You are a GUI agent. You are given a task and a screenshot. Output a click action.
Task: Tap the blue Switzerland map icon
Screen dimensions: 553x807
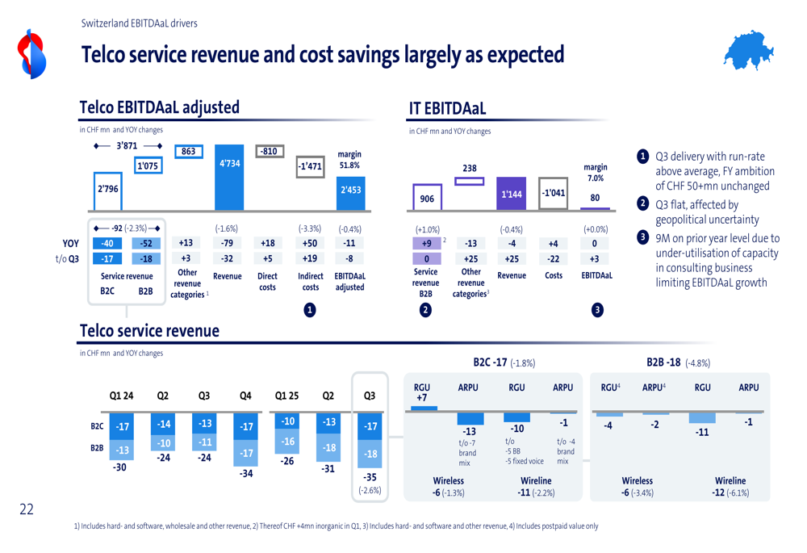748,53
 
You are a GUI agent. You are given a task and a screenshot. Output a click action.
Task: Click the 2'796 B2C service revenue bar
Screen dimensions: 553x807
108,189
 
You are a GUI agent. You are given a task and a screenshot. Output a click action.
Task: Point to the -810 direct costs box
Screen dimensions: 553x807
268,151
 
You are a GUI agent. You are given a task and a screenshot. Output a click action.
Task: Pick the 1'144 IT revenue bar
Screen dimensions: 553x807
511,194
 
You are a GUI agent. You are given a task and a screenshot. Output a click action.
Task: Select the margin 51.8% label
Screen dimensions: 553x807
349,160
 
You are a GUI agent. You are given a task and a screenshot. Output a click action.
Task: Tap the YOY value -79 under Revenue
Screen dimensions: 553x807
227,243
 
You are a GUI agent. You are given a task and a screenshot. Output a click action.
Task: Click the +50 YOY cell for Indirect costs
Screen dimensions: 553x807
310,243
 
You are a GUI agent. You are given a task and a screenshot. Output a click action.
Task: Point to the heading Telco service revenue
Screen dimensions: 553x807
149,331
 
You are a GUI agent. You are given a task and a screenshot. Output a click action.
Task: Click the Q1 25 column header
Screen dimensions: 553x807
286,396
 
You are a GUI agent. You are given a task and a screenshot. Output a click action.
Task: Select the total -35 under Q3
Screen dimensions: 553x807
370,477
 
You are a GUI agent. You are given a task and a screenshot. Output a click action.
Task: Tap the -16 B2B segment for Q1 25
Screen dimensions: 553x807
287,442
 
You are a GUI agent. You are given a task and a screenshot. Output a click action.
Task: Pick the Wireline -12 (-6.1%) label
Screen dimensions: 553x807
730,486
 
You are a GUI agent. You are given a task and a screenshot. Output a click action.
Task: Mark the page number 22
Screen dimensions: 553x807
27,509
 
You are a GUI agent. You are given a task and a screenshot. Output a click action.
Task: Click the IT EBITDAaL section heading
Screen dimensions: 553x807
447,108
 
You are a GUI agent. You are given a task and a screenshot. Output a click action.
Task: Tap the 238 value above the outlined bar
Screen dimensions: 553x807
470,168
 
